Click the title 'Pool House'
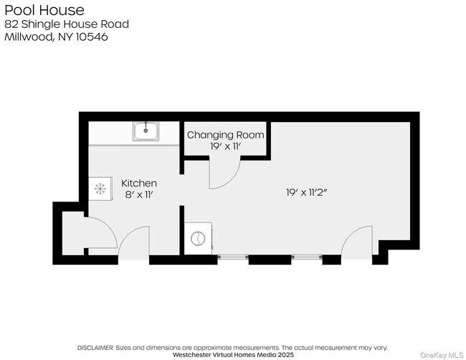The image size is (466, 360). (x=44, y=10)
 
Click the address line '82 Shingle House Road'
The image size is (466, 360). (x=67, y=24)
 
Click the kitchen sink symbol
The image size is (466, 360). (x=146, y=131)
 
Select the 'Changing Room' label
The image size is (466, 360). (x=225, y=135)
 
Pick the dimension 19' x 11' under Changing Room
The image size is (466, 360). (x=225, y=146)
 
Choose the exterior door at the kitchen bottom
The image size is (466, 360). (x=134, y=247)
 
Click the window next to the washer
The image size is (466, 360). (x=232, y=257)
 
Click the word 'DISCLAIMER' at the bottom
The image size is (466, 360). (x=98, y=346)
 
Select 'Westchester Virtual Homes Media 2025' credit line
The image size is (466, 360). (x=233, y=354)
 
